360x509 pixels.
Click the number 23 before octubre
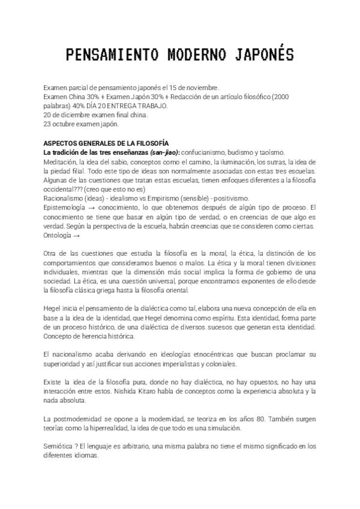[x=47, y=124]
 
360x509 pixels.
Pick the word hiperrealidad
[x=126, y=428]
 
